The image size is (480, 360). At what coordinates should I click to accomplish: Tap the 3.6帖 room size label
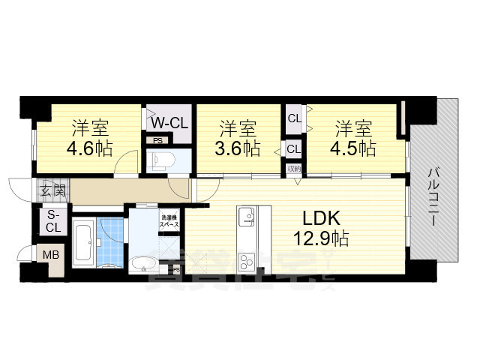[238, 148]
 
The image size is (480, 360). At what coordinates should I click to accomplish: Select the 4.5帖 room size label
[355, 148]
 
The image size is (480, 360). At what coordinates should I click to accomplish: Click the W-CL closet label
[169, 122]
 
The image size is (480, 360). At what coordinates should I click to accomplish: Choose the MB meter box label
[50, 255]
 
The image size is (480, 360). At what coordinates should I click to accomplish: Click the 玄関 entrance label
[50, 190]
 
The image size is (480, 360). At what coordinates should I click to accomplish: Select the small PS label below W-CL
[157, 140]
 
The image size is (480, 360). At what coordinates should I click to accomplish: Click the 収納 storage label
[294, 169]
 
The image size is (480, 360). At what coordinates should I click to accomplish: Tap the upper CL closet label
[294, 118]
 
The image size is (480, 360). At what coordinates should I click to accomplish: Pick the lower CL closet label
[294, 149]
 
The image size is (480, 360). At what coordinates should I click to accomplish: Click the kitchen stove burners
[247, 262]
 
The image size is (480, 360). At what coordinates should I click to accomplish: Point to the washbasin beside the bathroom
[140, 263]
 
